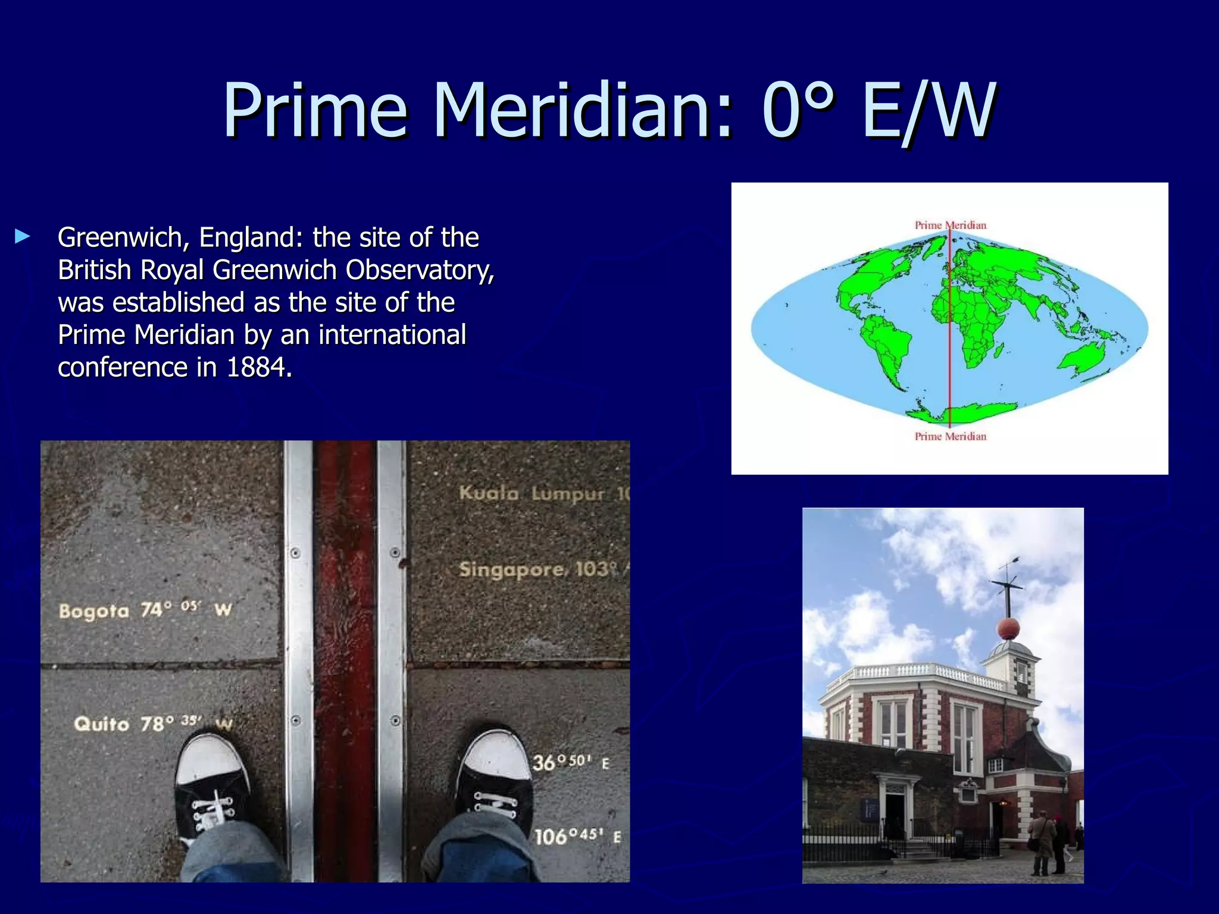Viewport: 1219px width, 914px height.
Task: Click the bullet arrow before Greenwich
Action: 23,237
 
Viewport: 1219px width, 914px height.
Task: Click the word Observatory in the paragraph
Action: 419,270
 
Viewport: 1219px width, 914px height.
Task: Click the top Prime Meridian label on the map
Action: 950,226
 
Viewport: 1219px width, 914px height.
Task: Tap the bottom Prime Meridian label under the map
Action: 950,437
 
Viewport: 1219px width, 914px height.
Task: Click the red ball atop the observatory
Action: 1008,628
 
